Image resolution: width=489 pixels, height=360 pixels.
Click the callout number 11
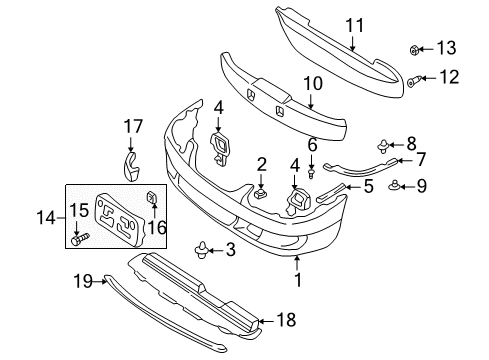pos(354,26)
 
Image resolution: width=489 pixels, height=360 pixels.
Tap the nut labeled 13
pos(414,50)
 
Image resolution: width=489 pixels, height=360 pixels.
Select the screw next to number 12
pos(414,81)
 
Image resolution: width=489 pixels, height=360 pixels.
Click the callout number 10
pos(313,84)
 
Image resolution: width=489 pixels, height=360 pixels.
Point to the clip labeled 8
pos(383,146)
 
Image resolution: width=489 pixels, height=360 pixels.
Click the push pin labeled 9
pos(395,185)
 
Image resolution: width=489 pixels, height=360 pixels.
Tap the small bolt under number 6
pos(312,174)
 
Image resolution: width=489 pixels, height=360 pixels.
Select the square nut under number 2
pos(260,193)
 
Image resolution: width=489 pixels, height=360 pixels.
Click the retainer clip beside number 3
pos(202,250)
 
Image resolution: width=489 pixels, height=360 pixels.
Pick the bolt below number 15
pos(80,239)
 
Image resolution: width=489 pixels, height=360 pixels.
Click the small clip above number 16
pos(151,197)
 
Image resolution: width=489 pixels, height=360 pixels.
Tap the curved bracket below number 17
pos(131,167)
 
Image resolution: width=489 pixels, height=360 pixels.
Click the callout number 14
pos(46,218)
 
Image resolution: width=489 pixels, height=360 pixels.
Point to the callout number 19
pos(83,281)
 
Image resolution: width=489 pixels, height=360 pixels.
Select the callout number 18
pos(286,320)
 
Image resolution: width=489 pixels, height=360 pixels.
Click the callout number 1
pos(298,279)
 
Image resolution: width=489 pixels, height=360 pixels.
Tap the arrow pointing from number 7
pos(405,160)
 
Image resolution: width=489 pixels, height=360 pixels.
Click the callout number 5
pos(368,186)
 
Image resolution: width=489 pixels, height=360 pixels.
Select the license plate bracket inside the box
pos(119,219)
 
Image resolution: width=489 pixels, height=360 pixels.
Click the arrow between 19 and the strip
pos(100,282)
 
